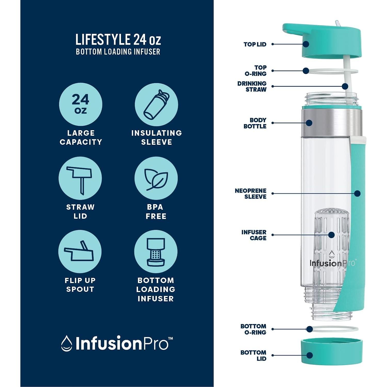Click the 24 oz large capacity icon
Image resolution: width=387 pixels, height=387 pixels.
(x=80, y=105)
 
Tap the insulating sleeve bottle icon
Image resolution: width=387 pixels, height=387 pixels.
(x=156, y=105)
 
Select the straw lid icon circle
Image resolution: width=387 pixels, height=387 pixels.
(x=80, y=178)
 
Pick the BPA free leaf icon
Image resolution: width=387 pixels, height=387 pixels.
(x=156, y=178)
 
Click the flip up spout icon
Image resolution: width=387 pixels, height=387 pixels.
(x=80, y=252)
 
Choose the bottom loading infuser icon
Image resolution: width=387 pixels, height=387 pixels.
(x=156, y=252)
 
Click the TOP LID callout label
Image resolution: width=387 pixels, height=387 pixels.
(x=255, y=44)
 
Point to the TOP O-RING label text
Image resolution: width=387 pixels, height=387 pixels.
(x=256, y=71)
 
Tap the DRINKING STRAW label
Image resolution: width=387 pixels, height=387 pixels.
(x=252, y=87)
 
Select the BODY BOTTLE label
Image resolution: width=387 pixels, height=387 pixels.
(x=255, y=123)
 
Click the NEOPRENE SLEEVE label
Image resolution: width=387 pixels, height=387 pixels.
(x=251, y=194)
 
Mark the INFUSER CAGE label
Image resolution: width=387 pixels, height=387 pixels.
(x=254, y=235)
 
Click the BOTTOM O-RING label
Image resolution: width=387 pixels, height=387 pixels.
(x=253, y=329)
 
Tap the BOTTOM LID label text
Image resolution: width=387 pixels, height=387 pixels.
(x=253, y=356)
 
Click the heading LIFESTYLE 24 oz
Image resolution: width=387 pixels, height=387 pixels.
(x=118, y=40)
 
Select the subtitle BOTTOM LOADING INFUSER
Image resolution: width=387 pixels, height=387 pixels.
(x=118, y=52)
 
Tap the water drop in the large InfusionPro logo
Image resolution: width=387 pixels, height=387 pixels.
(x=66, y=343)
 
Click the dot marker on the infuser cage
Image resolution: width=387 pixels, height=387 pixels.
(x=332, y=235)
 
